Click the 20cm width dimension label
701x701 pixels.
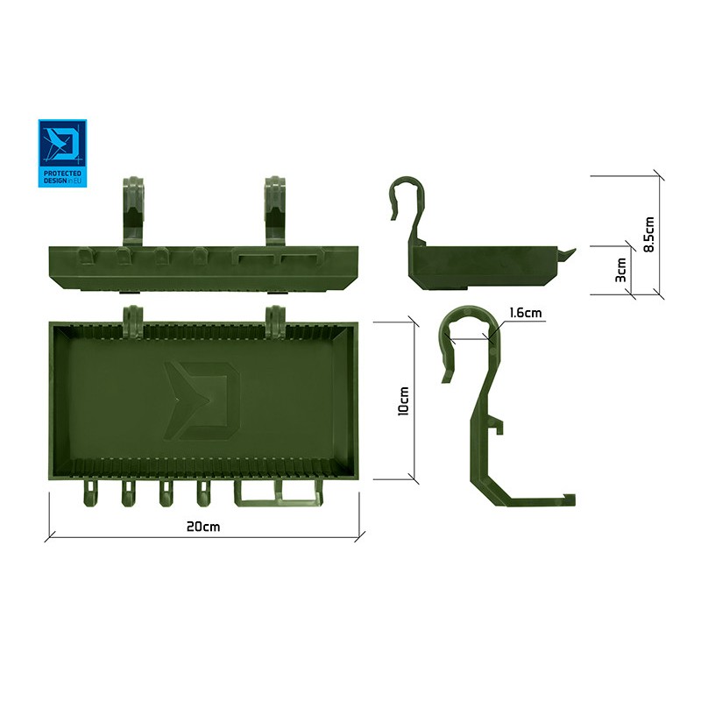click(x=203, y=527)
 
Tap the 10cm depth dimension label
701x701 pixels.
click(x=403, y=401)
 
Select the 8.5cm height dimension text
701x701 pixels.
click(x=649, y=234)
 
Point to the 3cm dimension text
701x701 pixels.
click(x=621, y=270)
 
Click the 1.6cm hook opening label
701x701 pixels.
click(x=525, y=313)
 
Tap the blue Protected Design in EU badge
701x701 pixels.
click(x=62, y=153)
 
